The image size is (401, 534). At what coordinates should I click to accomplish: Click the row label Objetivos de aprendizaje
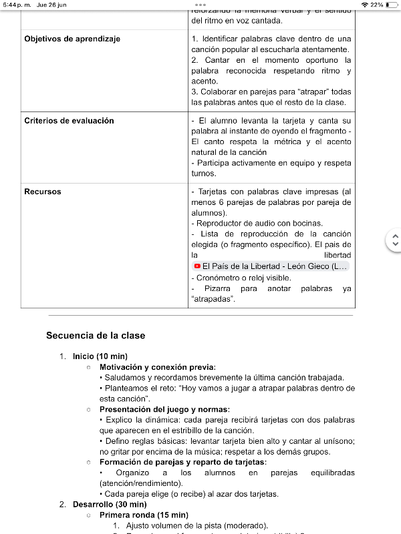(x=72, y=39)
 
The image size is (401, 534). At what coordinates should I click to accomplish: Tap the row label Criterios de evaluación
(x=69, y=121)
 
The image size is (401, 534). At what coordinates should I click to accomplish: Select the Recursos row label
(x=43, y=192)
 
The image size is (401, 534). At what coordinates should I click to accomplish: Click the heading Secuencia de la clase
(x=96, y=335)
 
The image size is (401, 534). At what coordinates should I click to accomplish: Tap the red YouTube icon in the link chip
(x=197, y=266)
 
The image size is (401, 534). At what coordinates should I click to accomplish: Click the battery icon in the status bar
(x=392, y=5)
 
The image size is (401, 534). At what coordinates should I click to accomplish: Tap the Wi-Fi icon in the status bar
(x=364, y=5)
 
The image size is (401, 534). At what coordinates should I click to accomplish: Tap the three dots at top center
(x=200, y=5)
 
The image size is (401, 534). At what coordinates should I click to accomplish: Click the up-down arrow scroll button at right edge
(x=395, y=240)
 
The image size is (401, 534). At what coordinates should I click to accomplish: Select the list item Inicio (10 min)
(x=100, y=356)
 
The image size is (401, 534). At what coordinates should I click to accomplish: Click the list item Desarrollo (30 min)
(x=110, y=505)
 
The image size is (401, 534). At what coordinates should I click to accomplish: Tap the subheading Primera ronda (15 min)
(x=144, y=515)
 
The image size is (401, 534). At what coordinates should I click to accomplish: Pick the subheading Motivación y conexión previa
(x=158, y=367)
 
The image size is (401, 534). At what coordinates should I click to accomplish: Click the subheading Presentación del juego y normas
(x=164, y=409)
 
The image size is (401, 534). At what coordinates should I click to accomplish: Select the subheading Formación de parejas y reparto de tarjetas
(x=182, y=462)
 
